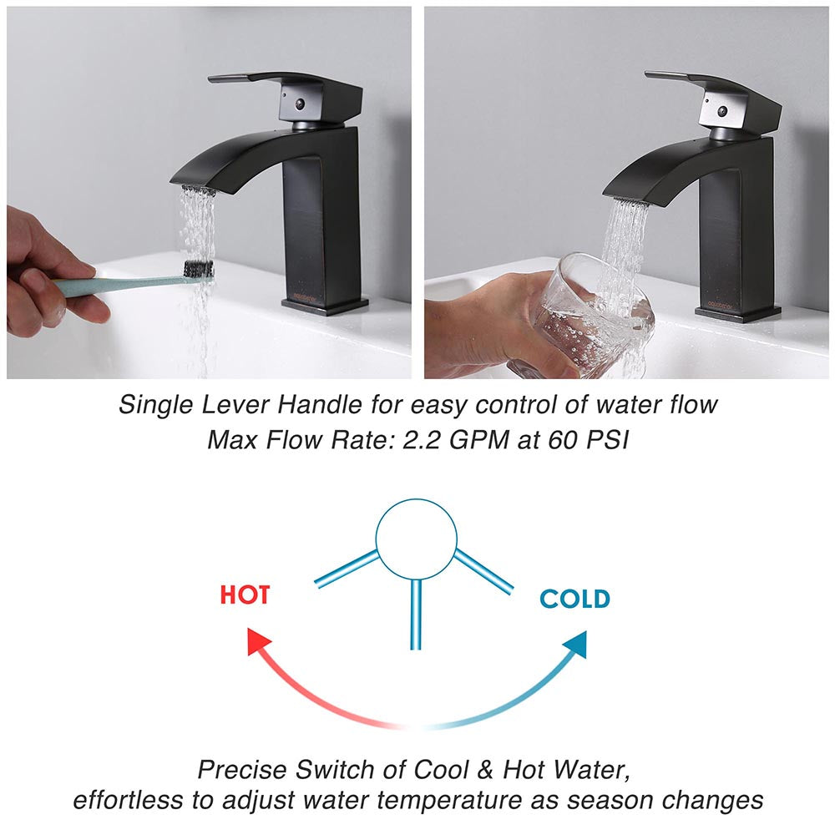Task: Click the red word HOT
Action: click(245, 595)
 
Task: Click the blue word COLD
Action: click(574, 599)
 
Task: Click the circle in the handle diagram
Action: click(416, 539)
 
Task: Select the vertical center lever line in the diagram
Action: click(415, 614)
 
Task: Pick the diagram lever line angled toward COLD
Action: click(483, 572)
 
